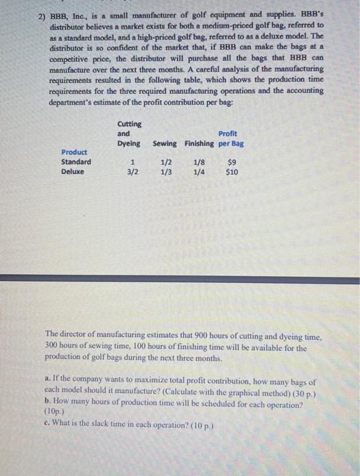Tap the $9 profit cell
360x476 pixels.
[x=231, y=162]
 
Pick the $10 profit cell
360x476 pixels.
[x=231, y=172]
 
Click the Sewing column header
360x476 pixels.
[x=165, y=143]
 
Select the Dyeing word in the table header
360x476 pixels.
[x=129, y=143]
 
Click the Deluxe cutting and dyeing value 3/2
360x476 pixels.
[x=133, y=172]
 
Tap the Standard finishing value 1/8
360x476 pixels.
[x=199, y=162]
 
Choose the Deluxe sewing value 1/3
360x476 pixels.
[x=165, y=172]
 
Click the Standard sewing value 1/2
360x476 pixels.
[x=165, y=162]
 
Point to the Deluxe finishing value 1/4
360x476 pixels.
[x=199, y=172]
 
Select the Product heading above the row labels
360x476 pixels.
[x=74, y=152]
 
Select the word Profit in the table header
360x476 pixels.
[x=228, y=133]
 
